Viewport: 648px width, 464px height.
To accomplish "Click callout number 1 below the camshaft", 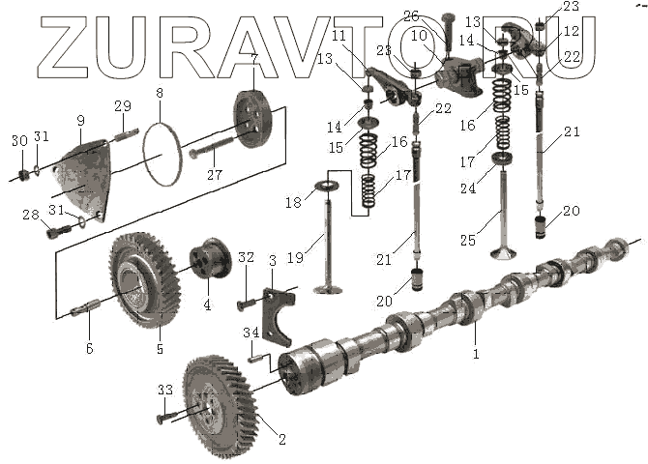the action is pyautogui.click(x=476, y=355).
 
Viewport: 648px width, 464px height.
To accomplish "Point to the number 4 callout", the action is pyautogui.click(x=206, y=305).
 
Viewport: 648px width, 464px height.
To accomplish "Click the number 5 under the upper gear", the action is pyautogui.click(x=161, y=348).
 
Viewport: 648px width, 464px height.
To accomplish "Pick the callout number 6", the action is pyautogui.click(x=89, y=349).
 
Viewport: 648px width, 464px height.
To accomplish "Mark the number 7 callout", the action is pyautogui.click(x=253, y=60).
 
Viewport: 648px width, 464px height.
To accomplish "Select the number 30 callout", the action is pyautogui.click(x=18, y=141).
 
